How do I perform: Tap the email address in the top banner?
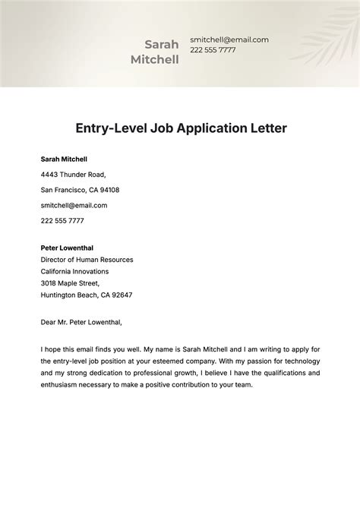(229, 39)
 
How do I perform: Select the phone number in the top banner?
(213, 50)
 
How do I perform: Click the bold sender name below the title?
(64, 159)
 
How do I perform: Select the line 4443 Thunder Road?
(73, 175)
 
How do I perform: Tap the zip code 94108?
(109, 190)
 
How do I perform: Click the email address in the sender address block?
(74, 205)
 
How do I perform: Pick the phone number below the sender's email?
(62, 221)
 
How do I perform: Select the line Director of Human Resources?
(87, 260)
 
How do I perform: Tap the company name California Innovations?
(74, 271)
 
